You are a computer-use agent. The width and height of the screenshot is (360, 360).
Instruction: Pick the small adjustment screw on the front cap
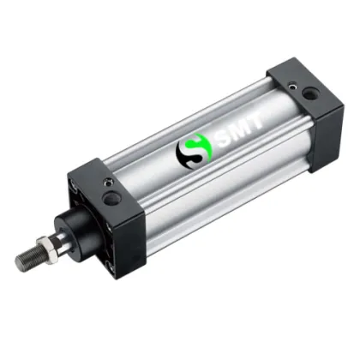(x=106, y=181)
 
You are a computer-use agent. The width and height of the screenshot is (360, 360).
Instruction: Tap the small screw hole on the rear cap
(x=297, y=86)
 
